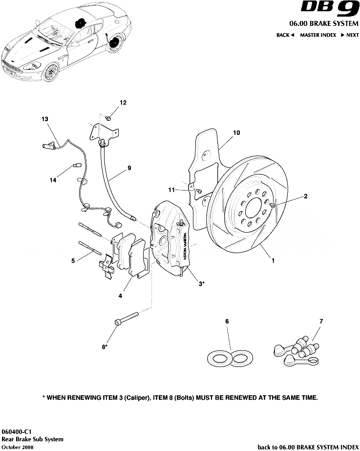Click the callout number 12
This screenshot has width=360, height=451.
(x=123, y=103)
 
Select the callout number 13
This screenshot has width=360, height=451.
(x=45, y=119)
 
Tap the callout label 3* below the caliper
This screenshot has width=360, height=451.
(x=201, y=283)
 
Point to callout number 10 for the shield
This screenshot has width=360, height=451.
(x=236, y=132)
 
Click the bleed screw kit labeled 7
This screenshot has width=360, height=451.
(x=296, y=349)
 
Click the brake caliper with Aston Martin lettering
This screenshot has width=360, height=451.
(x=171, y=237)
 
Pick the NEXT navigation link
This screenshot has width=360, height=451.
(x=350, y=35)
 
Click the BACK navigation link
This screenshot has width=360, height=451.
(x=285, y=35)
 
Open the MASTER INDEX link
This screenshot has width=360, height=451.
(x=318, y=35)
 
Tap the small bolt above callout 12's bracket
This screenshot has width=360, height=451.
(x=108, y=118)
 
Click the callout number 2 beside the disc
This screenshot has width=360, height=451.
(x=305, y=197)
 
